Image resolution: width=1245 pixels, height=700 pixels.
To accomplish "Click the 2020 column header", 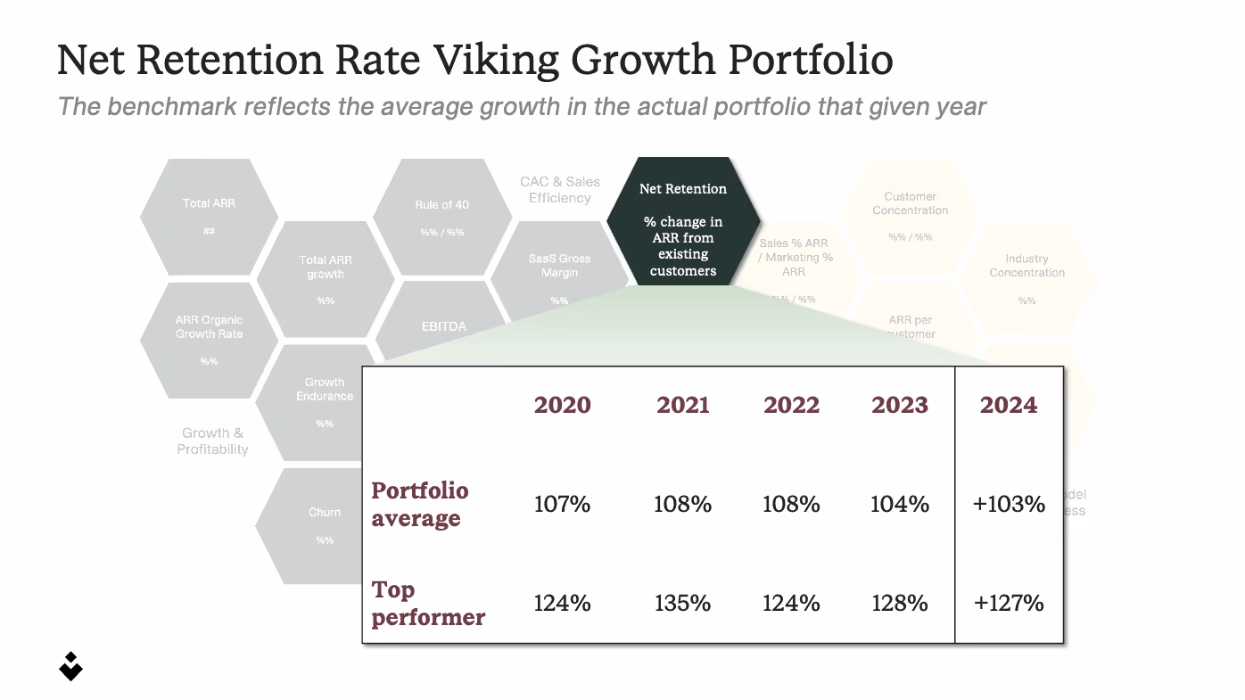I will pyautogui.click(x=562, y=405).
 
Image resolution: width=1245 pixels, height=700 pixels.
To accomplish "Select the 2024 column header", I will pyautogui.click(x=1009, y=405).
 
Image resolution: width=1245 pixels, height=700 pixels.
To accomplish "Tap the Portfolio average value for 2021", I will pyautogui.click(x=682, y=505).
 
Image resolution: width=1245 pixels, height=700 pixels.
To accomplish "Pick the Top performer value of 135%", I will pyautogui.click(x=682, y=604).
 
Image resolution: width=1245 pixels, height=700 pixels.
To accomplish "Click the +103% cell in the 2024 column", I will pyautogui.click(x=1009, y=505).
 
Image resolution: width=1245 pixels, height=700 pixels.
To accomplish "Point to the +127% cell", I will pyautogui.click(x=1009, y=604).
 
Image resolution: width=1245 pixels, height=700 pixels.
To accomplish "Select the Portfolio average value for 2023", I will pyautogui.click(x=900, y=505).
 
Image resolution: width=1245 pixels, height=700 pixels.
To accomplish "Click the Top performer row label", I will pyautogui.click(x=428, y=604).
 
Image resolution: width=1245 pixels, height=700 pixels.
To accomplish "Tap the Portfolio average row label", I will pyautogui.click(x=419, y=505).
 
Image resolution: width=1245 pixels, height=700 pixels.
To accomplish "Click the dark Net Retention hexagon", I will pyautogui.click(x=683, y=223).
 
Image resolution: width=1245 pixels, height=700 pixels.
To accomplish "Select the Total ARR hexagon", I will pyautogui.click(x=210, y=217).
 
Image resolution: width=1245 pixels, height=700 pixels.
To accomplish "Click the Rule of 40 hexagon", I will pyautogui.click(x=441, y=217).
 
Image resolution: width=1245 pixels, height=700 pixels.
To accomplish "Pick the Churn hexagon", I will pyautogui.click(x=325, y=525).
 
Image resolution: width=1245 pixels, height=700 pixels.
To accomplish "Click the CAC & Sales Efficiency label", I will pyautogui.click(x=560, y=190).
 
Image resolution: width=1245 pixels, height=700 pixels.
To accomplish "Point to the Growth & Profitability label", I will pyautogui.click(x=212, y=441).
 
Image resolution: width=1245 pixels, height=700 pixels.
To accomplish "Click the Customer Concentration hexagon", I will pyautogui.click(x=910, y=216).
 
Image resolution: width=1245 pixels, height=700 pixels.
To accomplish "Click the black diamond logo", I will pyautogui.click(x=70, y=665).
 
